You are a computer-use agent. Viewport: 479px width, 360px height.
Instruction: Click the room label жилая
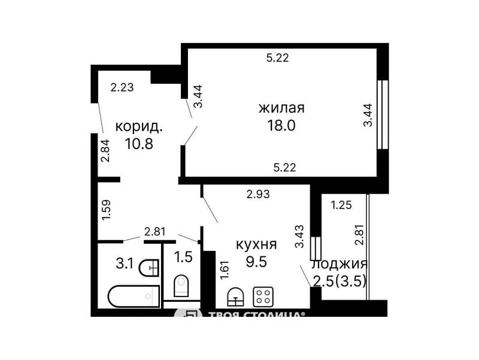[281, 108]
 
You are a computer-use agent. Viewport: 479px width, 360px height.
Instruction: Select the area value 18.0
[281, 125]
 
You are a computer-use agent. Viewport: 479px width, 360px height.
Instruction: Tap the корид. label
[139, 127]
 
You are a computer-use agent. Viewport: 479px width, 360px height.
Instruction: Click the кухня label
[256, 244]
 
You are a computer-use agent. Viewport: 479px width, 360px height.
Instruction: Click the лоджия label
[339, 264]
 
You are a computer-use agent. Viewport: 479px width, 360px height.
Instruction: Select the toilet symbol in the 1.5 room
[181, 286]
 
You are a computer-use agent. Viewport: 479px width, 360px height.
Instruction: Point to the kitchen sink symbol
[235, 295]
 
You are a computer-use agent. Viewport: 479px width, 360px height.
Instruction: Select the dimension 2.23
[122, 87]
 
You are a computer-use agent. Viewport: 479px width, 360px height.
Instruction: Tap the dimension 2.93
[258, 193]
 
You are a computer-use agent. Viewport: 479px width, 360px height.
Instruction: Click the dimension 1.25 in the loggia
[341, 205]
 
